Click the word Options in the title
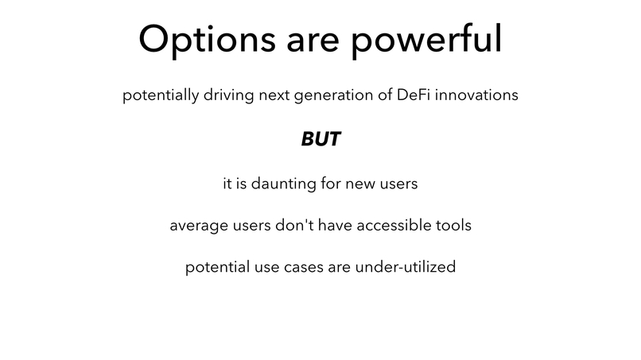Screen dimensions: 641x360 (x=207, y=40)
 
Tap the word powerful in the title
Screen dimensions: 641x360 (x=426, y=40)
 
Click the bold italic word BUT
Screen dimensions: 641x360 (x=321, y=139)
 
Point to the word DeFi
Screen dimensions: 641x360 (x=414, y=95)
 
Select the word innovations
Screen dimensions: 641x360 (x=476, y=95)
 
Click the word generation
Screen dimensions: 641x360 (x=333, y=95)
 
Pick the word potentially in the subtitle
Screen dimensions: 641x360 (x=161, y=95)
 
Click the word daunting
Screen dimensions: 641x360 (x=283, y=184)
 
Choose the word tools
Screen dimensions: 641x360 (x=453, y=225)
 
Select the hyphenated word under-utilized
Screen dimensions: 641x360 (x=405, y=266)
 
